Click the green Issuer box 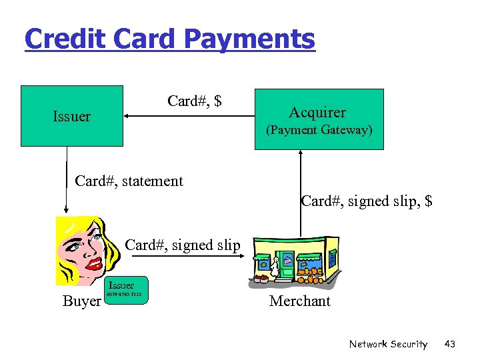pos(72,115)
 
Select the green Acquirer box pos(318,119)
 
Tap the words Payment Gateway pos(319,131)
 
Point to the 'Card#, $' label pos(195,101)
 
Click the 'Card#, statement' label pos(129,181)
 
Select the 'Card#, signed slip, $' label pos(367,200)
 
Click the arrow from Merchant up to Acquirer pos(301,193)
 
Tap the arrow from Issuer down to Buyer pos(67,180)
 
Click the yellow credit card pos(126,289)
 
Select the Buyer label pos(81,301)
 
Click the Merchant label pos(300,301)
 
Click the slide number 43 pos(450,344)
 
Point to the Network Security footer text pos(388,344)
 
